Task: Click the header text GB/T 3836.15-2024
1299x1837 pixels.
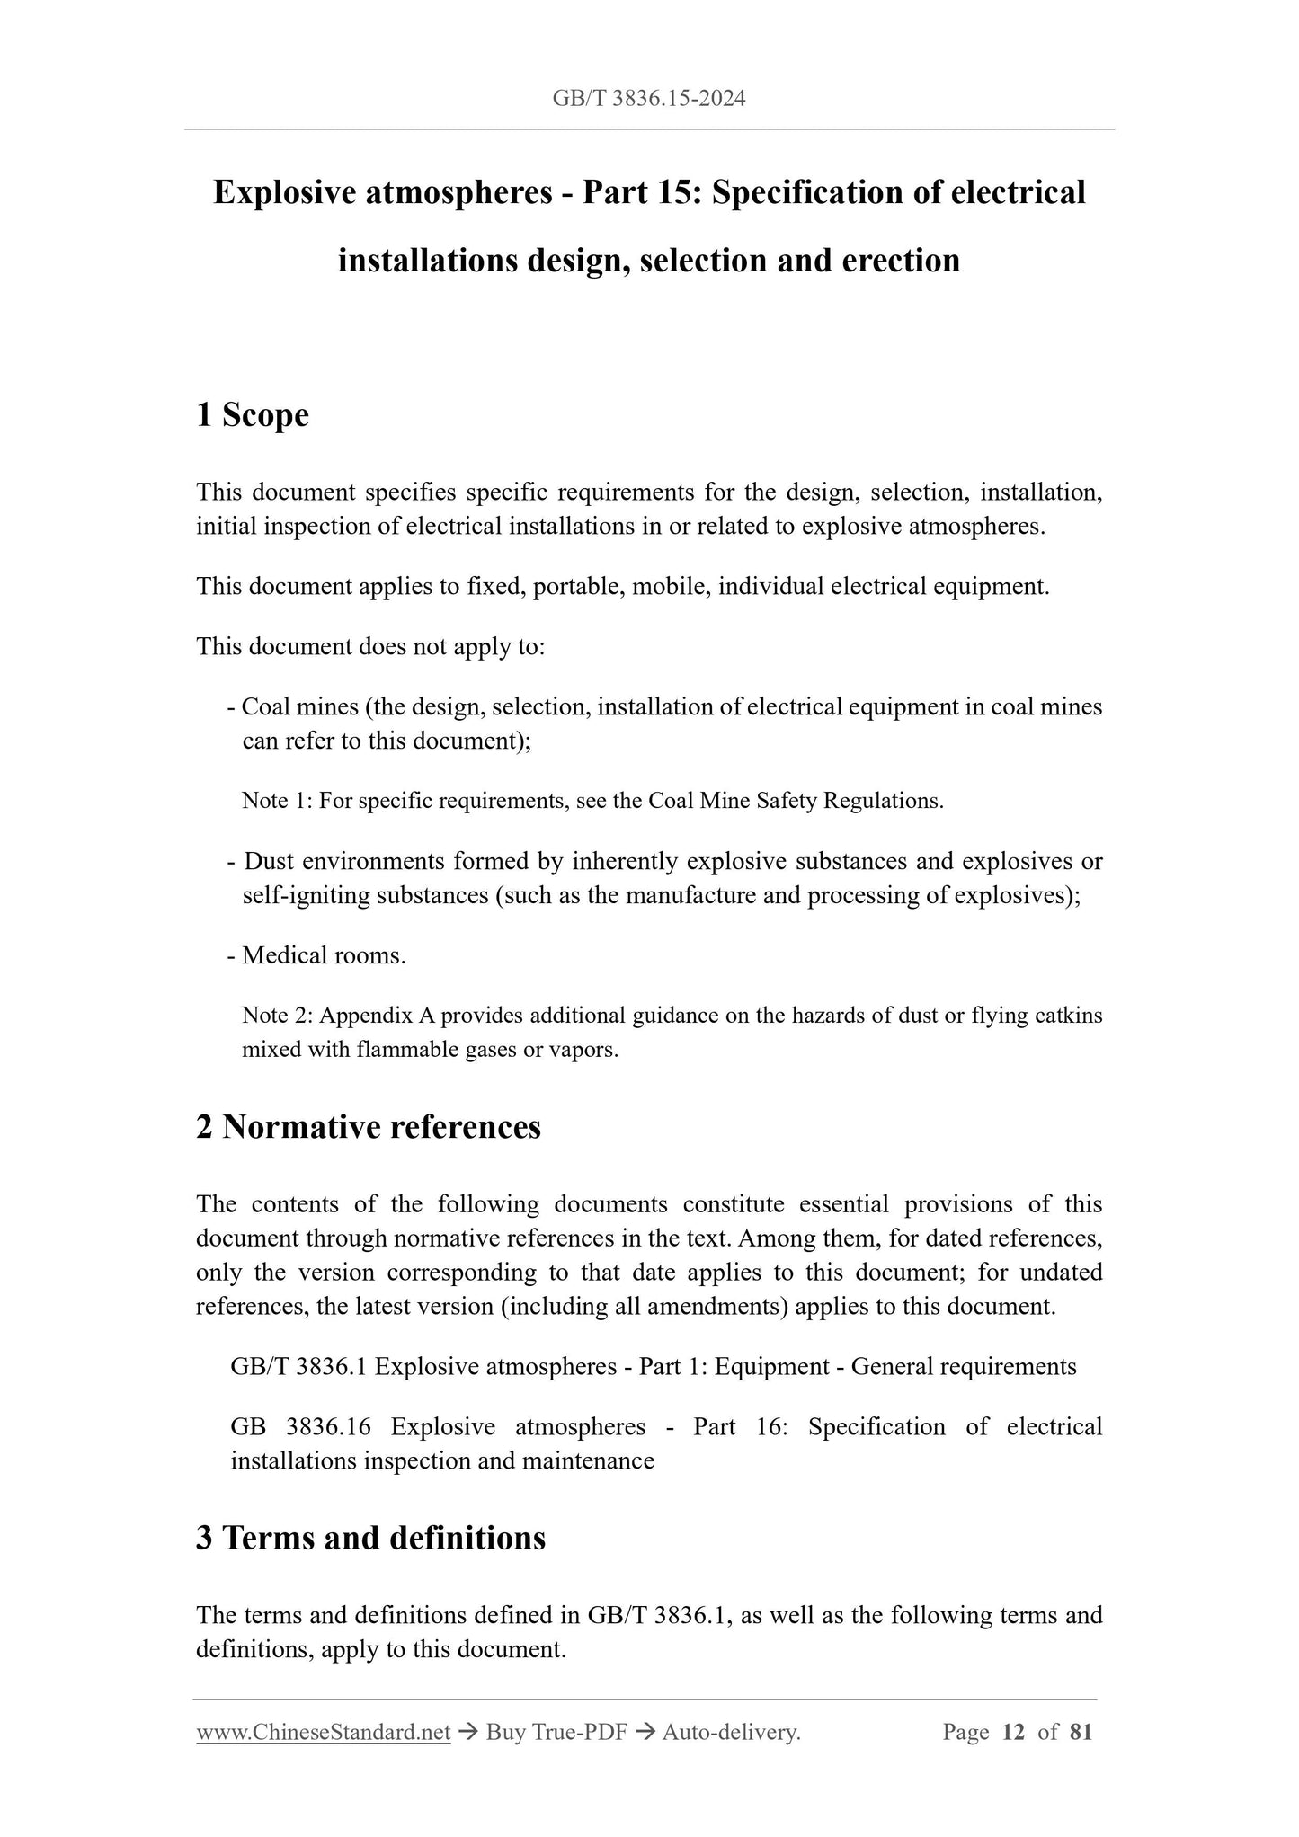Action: point(649,99)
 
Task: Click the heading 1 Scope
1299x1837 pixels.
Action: point(253,415)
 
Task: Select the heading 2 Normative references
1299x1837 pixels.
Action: point(369,1127)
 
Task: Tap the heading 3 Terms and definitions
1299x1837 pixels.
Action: point(370,1538)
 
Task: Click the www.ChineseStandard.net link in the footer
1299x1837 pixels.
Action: point(323,1732)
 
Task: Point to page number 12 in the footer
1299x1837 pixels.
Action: point(1013,1732)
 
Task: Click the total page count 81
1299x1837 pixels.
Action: point(1081,1732)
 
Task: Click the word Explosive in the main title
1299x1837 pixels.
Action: point(283,193)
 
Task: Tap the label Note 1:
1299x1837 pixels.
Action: point(277,801)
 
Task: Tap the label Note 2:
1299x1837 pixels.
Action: point(277,1016)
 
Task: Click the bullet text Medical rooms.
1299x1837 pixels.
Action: point(324,955)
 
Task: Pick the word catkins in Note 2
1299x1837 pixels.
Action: point(1069,1016)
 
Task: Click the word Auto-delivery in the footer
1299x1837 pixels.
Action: point(730,1732)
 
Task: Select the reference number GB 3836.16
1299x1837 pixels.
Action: point(300,1427)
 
